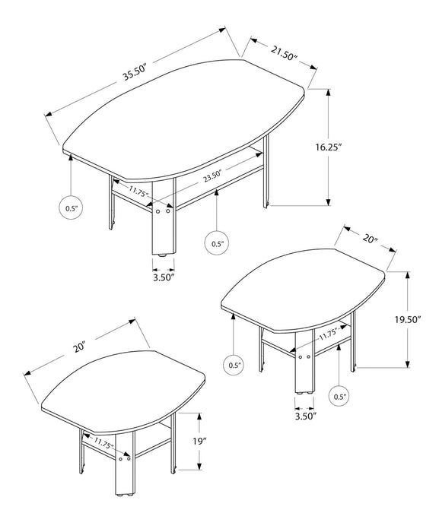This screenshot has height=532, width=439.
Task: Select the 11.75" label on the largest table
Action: pos(138,192)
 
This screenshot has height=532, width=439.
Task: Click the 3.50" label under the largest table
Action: pos(163,278)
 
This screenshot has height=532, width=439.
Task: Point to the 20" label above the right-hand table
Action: pos(371,239)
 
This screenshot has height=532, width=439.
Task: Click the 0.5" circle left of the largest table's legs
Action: pos(70,207)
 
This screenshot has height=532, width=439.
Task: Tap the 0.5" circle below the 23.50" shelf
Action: pos(217,243)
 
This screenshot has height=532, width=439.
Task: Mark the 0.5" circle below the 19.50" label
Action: pos(339,396)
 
